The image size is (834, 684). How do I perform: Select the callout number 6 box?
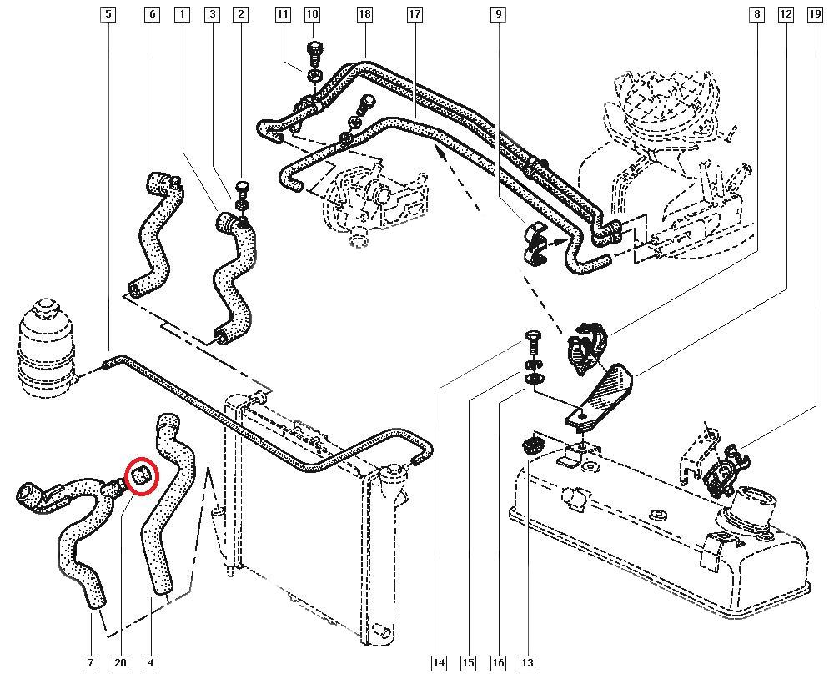[x=151, y=14]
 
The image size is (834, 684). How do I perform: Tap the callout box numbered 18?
[x=364, y=14]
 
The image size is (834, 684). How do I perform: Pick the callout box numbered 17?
[x=415, y=14]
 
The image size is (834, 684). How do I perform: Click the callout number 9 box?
[x=498, y=14]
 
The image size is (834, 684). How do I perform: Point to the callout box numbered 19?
[x=815, y=14]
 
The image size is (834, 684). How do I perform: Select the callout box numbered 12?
[x=785, y=14]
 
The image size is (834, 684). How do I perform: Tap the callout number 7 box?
[x=90, y=663]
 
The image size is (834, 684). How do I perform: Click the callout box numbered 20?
[x=121, y=663]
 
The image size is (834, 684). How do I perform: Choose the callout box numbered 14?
[x=439, y=663]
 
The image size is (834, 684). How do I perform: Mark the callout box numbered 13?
[x=526, y=663]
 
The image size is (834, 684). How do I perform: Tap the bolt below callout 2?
[x=244, y=187]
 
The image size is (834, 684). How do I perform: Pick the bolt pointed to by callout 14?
[x=532, y=342]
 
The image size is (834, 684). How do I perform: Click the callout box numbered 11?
[x=283, y=14]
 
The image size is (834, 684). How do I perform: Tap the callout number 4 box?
[x=151, y=663]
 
